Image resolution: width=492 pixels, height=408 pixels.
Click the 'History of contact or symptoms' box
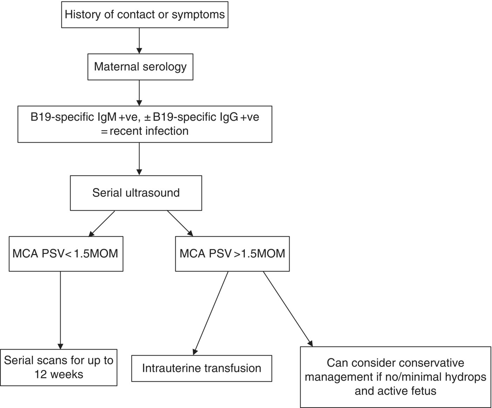tap(145, 15)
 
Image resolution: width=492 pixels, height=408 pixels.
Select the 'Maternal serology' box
tap(140, 67)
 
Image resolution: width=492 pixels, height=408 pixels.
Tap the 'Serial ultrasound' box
tap(136, 193)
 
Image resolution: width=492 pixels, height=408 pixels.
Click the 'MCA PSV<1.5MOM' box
tap(66, 254)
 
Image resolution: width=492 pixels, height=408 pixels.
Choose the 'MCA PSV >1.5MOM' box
tap(232, 254)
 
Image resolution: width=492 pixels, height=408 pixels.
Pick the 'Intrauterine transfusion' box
tap(201, 368)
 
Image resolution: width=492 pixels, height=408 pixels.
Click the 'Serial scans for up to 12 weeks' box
tap(59, 367)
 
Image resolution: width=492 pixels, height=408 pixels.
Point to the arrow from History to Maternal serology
tap(139, 41)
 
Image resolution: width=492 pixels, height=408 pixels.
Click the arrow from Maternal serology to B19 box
tap(139, 93)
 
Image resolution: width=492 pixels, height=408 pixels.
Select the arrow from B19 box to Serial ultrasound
tap(139, 159)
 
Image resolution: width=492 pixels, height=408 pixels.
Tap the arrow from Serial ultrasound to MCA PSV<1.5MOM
tap(102, 223)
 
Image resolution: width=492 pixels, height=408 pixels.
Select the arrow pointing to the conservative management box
tap(287, 309)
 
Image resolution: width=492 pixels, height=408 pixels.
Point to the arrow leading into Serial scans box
tap(60, 310)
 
